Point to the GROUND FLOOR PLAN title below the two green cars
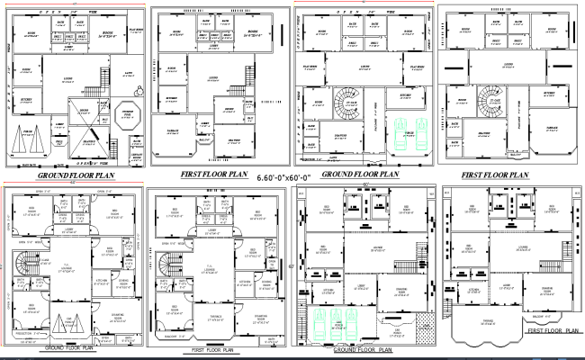coord(360,174)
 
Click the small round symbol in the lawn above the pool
coord(139,90)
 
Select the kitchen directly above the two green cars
coord(405,95)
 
